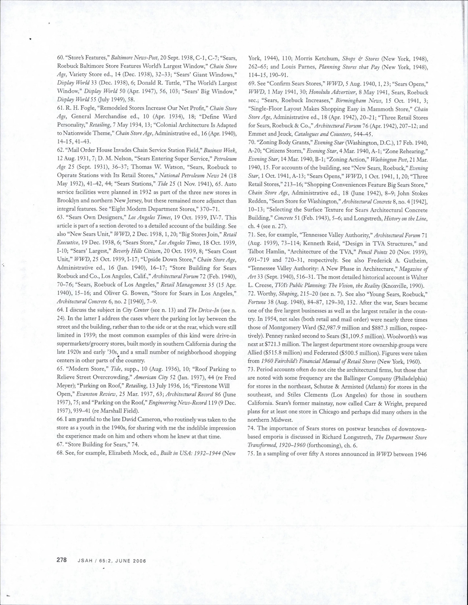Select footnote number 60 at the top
pos(61,58)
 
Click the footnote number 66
pos(60,419)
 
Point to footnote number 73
pos(251,369)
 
